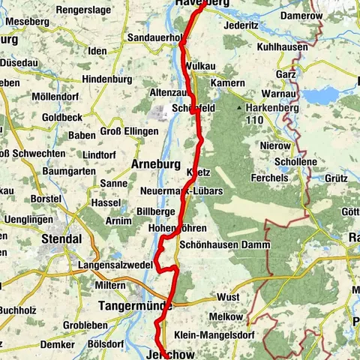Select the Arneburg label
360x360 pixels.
tap(157, 163)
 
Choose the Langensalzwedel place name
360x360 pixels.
tap(115, 265)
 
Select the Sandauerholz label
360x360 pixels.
tap(156, 36)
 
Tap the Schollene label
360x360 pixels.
tap(295, 161)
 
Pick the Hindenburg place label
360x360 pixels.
tap(106, 79)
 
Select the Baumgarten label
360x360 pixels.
tap(69, 171)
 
